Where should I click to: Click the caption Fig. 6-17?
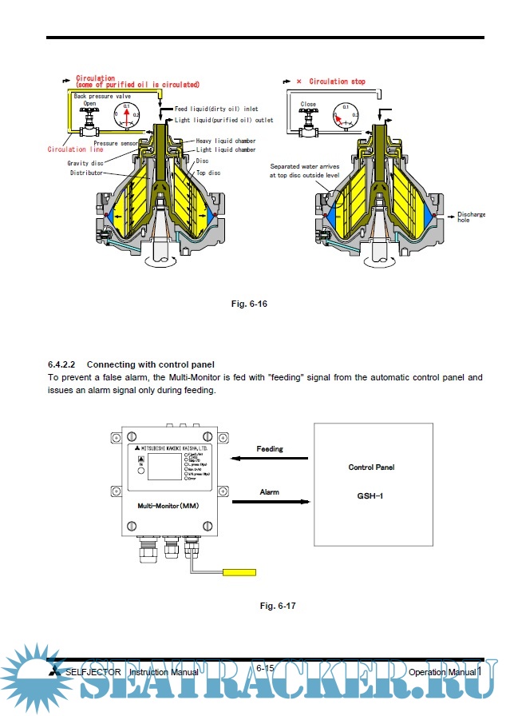(278, 606)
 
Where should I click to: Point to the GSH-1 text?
(370, 496)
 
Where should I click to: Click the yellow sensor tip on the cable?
(239, 572)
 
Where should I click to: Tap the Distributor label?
(87, 173)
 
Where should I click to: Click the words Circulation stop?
(337, 82)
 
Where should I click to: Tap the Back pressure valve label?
(102, 95)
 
